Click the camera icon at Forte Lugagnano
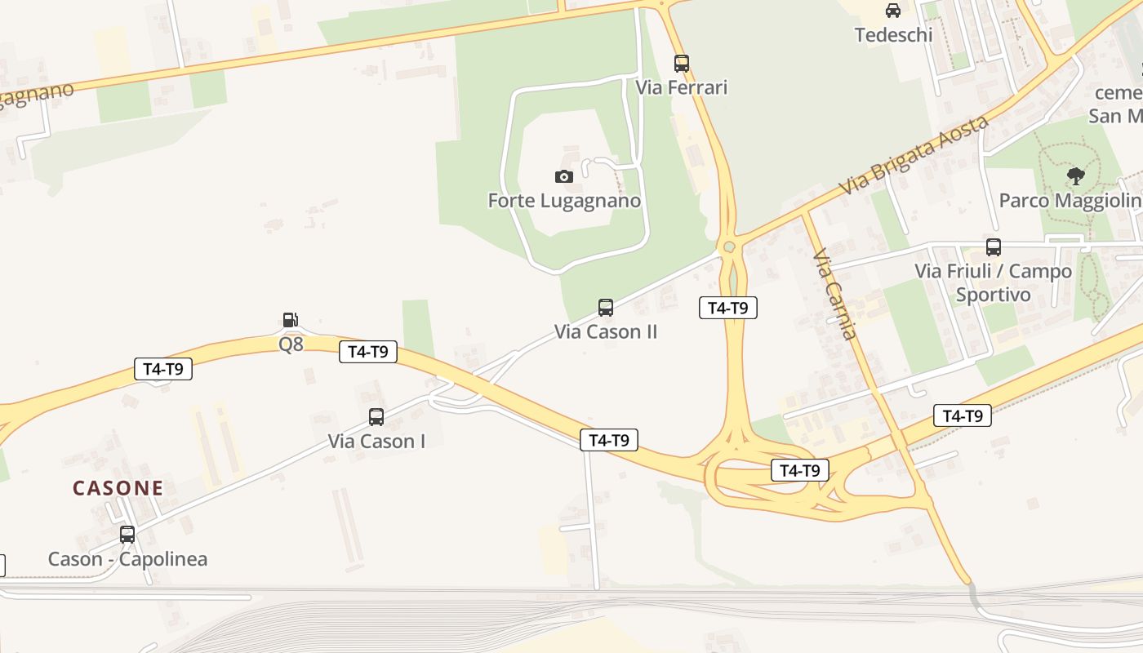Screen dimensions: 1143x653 click(x=563, y=176)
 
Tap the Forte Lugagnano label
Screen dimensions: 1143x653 click(x=564, y=200)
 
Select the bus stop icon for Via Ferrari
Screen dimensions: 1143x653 click(x=681, y=63)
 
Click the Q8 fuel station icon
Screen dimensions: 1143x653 click(x=290, y=320)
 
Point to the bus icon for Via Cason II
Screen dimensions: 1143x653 click(x=605, y=308)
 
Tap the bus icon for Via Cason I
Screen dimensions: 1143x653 click(x=376, y=417)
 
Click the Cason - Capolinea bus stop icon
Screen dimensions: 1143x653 click(x=127, y=535)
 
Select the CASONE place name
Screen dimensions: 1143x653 click(x=118, y=488)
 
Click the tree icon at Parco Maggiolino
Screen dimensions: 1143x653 click(x=1076, y=175)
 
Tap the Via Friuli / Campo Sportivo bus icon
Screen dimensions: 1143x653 click(x=993, y=247)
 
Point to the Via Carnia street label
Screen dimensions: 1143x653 click(x=835, y=294)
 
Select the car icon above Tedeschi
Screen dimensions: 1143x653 click(x=893, y=11)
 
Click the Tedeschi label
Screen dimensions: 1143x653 click(x=893, y=34)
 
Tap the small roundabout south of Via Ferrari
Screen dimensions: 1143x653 click(x=729, y=247)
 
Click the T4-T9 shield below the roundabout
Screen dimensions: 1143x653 click(x=728, y=308)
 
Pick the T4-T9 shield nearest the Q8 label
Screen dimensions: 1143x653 click(x=368, y=352)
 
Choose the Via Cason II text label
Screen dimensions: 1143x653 click(x=606, y=331)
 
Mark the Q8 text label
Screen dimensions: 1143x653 click(x=291, y=344)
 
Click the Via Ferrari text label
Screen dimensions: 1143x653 click(x=682, y=87)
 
